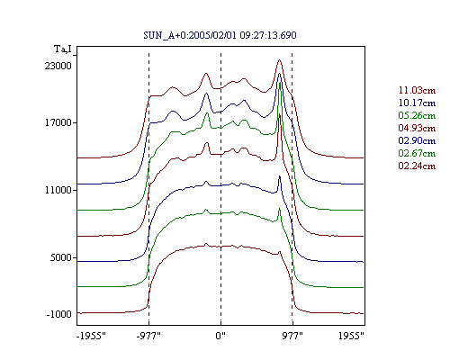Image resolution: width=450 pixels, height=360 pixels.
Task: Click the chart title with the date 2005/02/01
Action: click(x=220, y=35)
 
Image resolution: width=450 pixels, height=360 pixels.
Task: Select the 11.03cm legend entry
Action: click(x=417, y=90)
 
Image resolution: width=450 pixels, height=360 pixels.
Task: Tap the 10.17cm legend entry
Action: click(x=417, y=103)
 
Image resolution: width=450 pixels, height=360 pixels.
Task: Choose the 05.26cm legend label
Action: click(x=417, y=115)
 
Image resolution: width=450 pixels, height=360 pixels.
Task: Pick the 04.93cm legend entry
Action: click(x=417, y=128)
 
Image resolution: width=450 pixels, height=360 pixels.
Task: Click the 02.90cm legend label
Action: click(x=417, y=140)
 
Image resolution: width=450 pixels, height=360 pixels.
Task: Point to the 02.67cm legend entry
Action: click(x=417, y=153)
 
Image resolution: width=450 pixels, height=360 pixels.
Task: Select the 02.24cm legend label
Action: click(x=417, y=166)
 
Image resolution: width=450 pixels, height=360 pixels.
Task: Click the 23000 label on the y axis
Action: click(x=58, y=66)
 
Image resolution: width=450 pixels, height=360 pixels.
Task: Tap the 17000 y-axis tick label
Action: click(x=58, y=122)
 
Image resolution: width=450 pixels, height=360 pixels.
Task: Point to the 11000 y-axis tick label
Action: click(x=58, y=190)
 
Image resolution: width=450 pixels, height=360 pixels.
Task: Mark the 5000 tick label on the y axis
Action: click(x=61, y=257)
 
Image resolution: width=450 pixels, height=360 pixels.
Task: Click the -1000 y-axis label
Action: click(x=58, y=314)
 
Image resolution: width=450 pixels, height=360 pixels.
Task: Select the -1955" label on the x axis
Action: click(x=91, y=336)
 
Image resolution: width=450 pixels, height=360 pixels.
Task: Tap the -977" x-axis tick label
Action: click(x=148, y=336)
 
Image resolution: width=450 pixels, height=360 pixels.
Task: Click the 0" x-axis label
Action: click(x=220, y=336)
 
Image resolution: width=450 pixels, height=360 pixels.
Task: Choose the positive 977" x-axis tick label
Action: click(x=292, y=336)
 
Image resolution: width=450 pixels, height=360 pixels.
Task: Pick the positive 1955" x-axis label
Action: click(x=351, y=336)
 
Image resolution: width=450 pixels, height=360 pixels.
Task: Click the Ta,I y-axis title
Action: click(x=63, y=49)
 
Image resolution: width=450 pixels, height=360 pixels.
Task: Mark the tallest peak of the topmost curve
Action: click(x=280, y=60)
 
